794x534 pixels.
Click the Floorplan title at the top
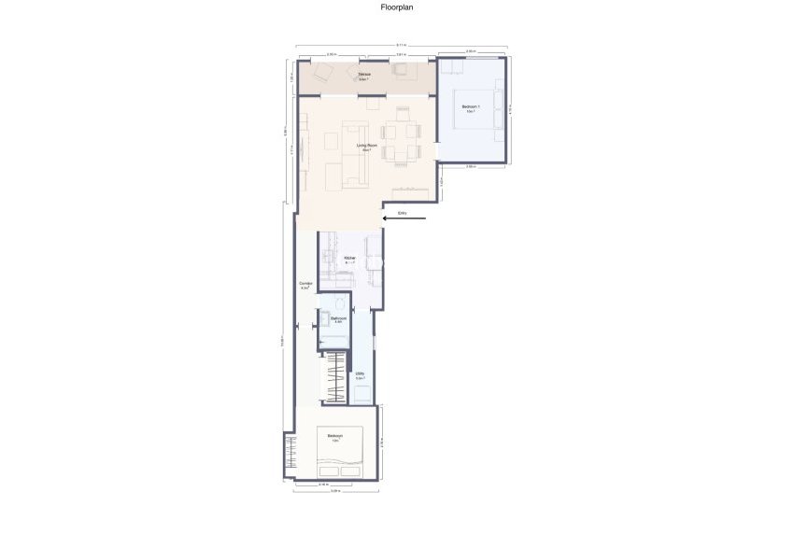point(396,7)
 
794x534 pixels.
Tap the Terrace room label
point(363,76)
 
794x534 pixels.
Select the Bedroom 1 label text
point(471,108)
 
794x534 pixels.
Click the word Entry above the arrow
point(402,213)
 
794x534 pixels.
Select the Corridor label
point(305,285)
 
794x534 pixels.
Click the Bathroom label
point(338,319)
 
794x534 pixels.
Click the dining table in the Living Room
point(402,132)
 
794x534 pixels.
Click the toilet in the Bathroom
point(340,304)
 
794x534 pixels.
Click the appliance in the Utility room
point(361,393)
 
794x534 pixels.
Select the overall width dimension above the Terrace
point(401,45)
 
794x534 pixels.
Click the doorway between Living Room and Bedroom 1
point(438,149)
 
